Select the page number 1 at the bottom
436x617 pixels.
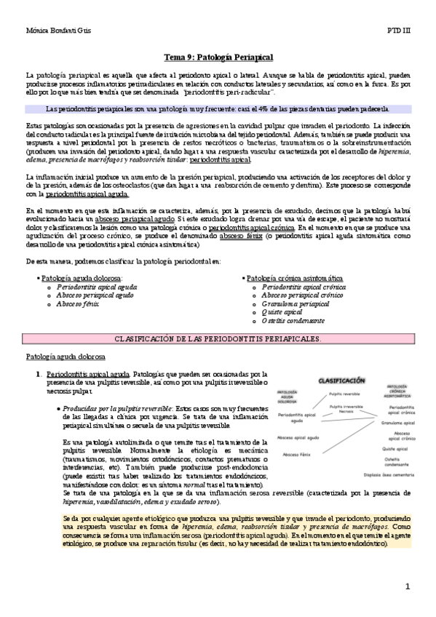pos(408,586)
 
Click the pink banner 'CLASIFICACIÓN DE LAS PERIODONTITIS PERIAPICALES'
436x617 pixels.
pos(218,340)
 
